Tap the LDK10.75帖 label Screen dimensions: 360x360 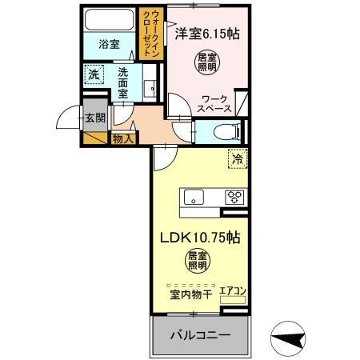tap(199, 238)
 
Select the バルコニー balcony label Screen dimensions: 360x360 tap(199, 334)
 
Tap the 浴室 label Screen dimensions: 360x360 tap(110, 45)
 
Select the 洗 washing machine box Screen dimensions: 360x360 tap(94, 73)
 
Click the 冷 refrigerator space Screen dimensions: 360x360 tap(237, 159)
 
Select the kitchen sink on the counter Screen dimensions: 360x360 tap(195, 198)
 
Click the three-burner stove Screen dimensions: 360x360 tap(234, 196)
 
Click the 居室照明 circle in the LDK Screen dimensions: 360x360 tap(198, 263)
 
